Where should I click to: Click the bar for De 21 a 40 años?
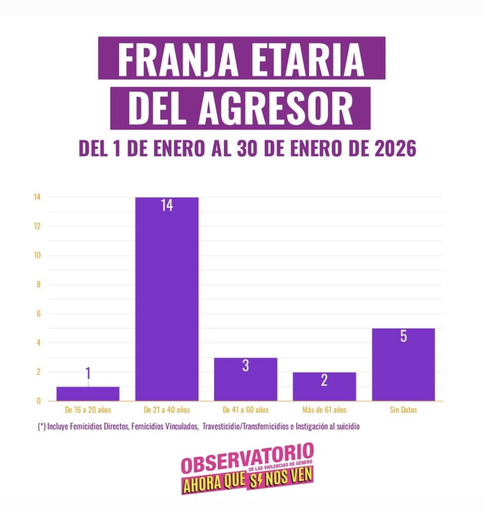[167, 299]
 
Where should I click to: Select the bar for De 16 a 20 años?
[88, 394]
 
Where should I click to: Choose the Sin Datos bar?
[403, 364]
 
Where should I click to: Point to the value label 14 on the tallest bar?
[167, 205]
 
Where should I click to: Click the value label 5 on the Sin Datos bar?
[403, 337]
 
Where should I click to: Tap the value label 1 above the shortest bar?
[88, 373]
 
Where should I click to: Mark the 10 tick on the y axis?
[38, 255]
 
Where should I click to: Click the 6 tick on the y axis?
[39, 314]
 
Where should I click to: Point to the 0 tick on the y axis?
[39, 401]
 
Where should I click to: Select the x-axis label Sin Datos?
[403, 410]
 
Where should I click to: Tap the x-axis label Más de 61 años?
[324, 410]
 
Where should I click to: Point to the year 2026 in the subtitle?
[395, 148]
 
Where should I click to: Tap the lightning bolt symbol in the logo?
[255, 480]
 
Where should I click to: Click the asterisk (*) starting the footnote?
[41, 426]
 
